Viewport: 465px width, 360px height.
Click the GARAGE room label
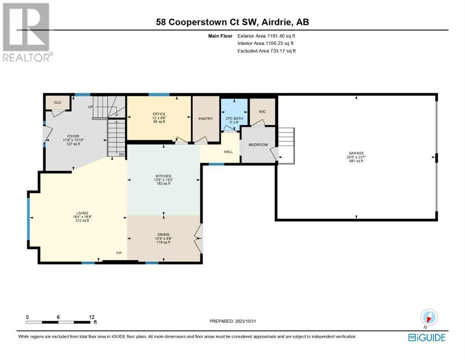356,153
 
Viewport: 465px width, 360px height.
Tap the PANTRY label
206,119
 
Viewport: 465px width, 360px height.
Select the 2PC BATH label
234,119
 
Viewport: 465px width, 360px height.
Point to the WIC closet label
262,112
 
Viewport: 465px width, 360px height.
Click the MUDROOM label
258,145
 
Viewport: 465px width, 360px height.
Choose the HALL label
229,152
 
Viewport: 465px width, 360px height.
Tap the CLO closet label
58,102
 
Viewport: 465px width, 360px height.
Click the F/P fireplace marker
119,253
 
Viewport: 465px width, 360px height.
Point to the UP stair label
91,107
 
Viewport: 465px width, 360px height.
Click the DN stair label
122,154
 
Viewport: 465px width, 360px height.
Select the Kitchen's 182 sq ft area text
163,183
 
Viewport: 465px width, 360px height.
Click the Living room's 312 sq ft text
82,220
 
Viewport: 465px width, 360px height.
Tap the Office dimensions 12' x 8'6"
159,118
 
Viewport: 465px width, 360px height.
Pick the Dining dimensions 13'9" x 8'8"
163,238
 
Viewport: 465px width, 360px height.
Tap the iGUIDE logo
427,337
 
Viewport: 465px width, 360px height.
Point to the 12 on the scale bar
92,317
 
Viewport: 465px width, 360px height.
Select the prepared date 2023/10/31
244,321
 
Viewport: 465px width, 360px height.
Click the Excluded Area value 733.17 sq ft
283,51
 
